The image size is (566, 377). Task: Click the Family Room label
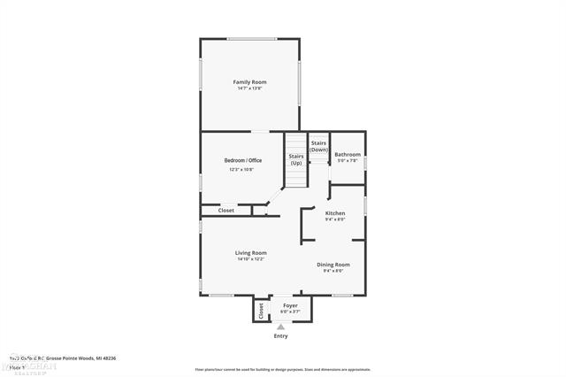[x=249, y=82]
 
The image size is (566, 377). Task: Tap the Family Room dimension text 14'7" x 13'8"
[x=249, y=88]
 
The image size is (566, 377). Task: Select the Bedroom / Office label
[x=241, y=160]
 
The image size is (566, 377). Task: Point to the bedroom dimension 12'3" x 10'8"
[x=241, y=169]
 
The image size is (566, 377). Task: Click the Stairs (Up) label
[x=296, y=159]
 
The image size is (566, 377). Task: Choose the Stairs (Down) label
[x=319, y=146]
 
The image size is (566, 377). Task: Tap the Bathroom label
[x=348, y=155]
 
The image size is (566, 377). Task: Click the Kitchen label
[x=335, y=213]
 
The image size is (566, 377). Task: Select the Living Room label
[x=250, y=253]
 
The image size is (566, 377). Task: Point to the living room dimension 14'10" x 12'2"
[x=250, y=259]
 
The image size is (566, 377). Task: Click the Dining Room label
[x=333, y=265]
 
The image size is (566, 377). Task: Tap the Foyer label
[x=290, y=305]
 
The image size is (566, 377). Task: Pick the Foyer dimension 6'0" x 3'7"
[x=290, y=312]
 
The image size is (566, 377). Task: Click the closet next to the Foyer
[x=261, y=312]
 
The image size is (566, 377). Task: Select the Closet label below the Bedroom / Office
[x=226, y=211]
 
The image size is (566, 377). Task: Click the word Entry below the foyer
[x=281, y=336]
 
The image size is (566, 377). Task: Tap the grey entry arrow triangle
[x=281, y=327]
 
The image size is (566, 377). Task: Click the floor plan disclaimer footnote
[x=282, y=368]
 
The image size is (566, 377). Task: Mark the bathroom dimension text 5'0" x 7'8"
[x=348, y=161]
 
